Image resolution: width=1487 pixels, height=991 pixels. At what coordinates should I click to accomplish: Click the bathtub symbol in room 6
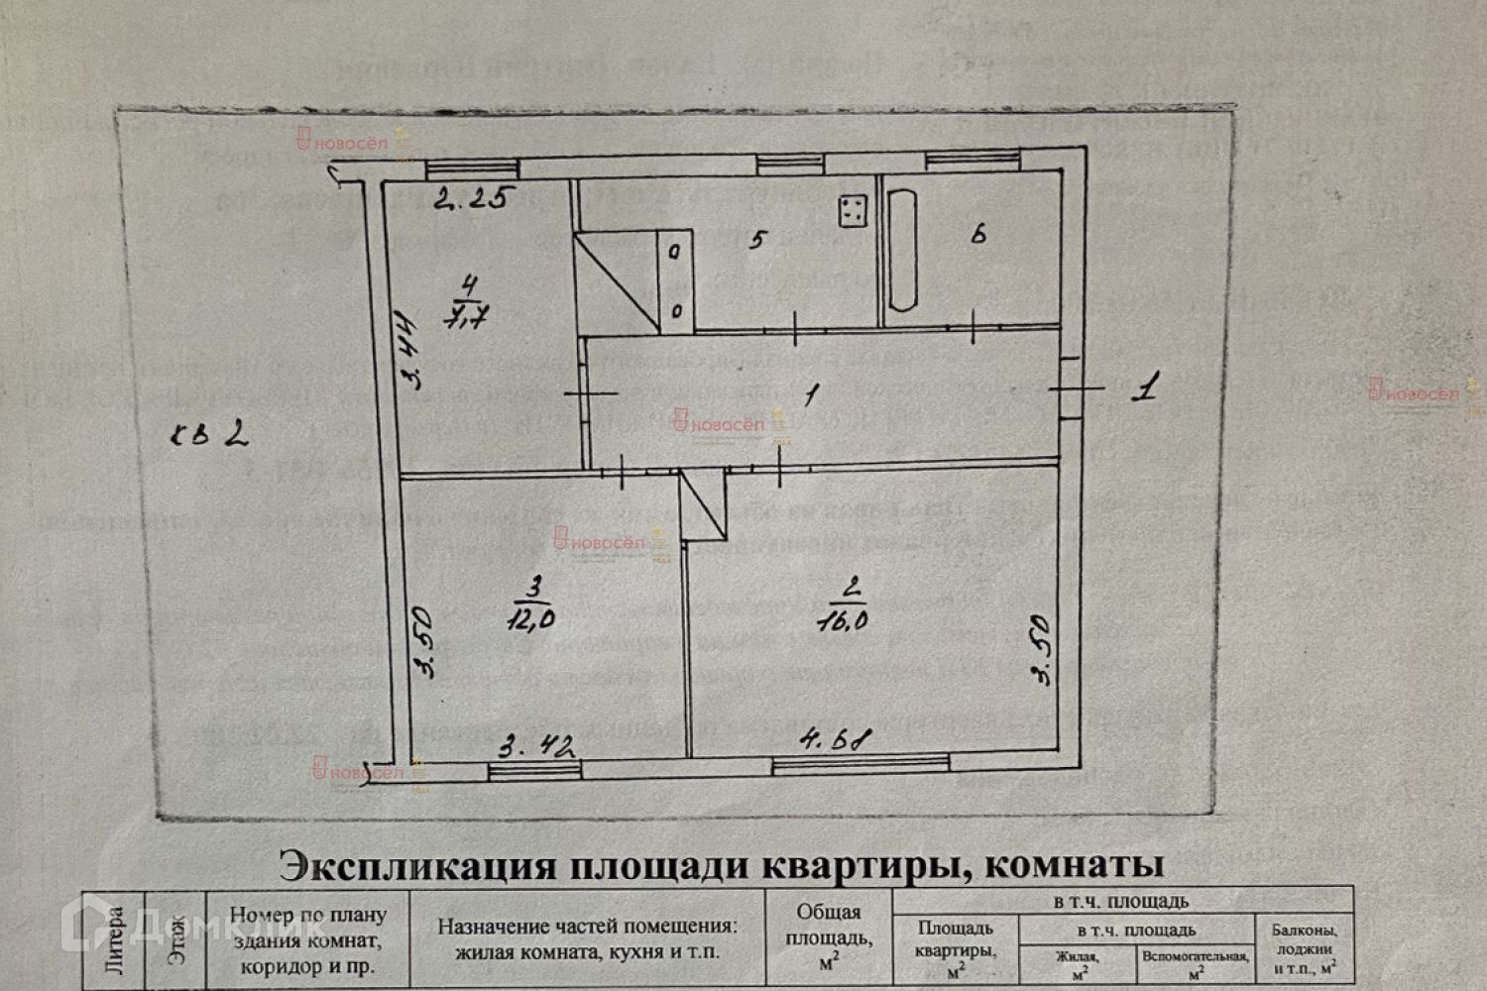click(903, 251)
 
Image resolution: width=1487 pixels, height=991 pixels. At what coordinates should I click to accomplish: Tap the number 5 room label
click(756, 241)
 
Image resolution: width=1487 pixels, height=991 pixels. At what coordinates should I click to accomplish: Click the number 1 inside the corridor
click(811, 395)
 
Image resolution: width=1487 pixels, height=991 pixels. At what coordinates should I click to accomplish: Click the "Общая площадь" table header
click(829, 936)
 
